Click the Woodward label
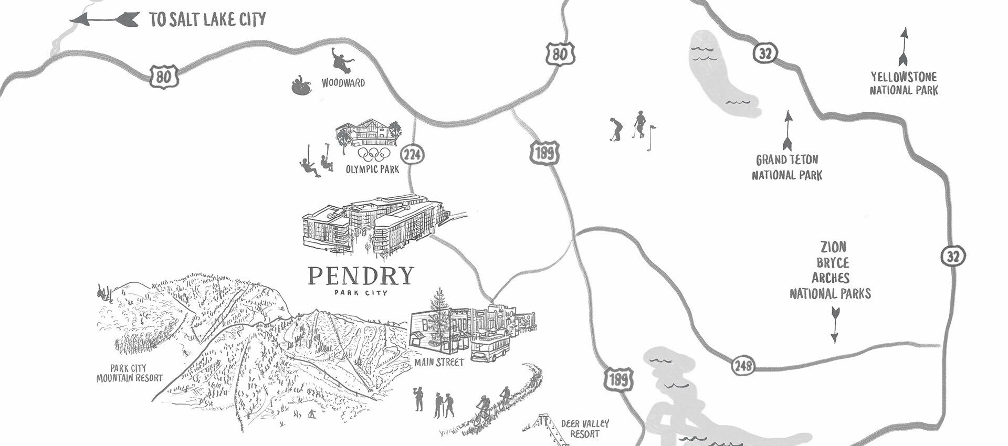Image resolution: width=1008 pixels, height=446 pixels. pyautogui.click(x=343, y=83)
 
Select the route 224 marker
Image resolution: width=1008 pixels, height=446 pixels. pyautogui.click(x=412, y=155)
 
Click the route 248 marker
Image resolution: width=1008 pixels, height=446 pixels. pyautogui.click(x=742, y=365)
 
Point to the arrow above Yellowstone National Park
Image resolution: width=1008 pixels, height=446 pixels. pyautogui.click(x=904, y=47)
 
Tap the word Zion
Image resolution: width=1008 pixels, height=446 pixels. pyautogui.click(x=833, y=247)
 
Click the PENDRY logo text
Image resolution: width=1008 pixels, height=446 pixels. pyautogui.click(x=361, y=275)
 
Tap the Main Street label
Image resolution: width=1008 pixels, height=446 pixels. pyautogui.click(x=439, y=362)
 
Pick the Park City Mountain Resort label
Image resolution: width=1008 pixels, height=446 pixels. pyautogui.click(x=129, y=373)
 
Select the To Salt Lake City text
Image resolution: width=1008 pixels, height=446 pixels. pyautogui.click(x=207, y=20)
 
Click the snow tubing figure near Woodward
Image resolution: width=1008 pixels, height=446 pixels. pyautogui.click(x=301, y=85)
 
